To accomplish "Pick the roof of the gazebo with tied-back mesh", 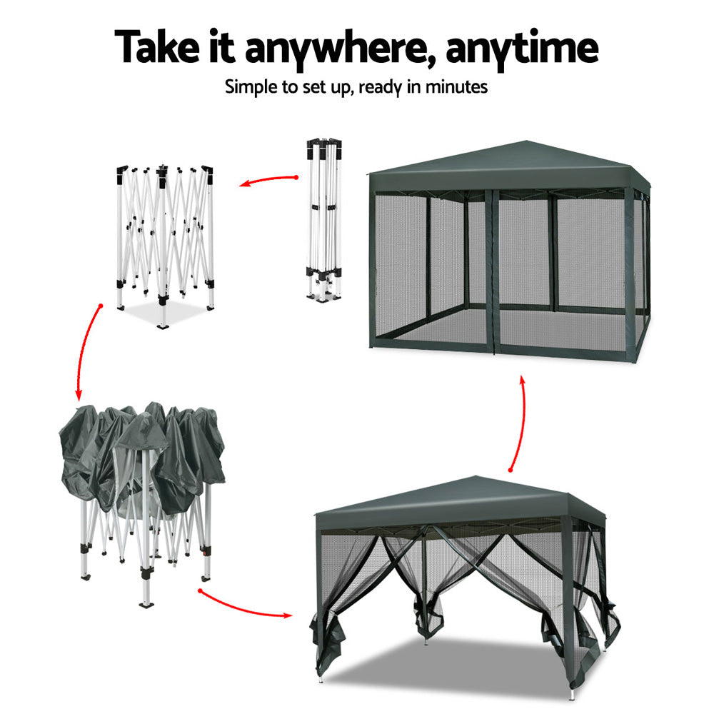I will pyautogui.click(x=457, y=498).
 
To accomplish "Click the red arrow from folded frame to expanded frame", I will pyautogui.click(x=267, y=181).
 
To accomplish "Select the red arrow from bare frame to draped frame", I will pyautogui.click(x=86, y=350).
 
